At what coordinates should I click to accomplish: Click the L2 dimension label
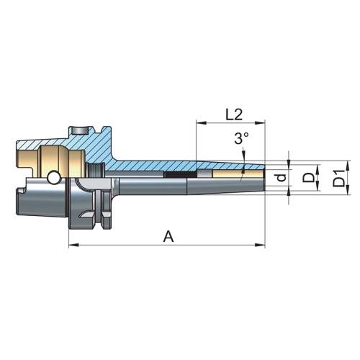234,114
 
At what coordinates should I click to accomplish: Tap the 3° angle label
241,139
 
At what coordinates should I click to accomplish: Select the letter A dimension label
168,236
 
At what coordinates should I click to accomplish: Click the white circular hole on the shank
54,178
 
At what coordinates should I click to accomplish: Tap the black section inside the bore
180,175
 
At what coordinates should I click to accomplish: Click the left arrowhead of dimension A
74,245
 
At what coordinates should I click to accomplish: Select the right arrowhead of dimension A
260,245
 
